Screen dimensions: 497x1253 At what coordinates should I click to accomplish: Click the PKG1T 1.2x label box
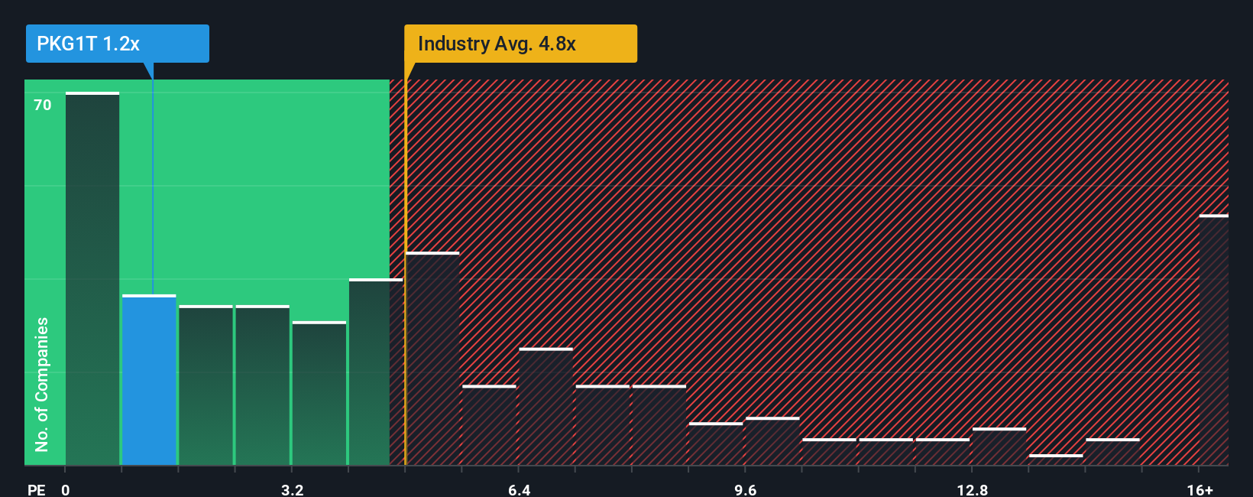117,44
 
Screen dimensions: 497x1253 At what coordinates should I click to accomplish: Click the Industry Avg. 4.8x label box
520,44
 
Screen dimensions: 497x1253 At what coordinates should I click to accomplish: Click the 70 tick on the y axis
43,105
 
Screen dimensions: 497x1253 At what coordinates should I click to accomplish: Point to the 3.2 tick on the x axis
292,489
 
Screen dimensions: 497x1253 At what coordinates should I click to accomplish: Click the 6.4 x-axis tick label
519,489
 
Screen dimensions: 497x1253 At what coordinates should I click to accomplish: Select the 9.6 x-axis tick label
745,489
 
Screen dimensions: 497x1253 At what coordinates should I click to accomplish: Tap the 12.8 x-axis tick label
972,489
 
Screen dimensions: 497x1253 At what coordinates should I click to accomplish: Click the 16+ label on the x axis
1200,489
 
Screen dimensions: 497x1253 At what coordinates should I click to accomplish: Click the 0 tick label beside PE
66,489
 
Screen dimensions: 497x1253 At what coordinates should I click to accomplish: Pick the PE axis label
36,489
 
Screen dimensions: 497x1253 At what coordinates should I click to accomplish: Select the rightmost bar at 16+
1213,340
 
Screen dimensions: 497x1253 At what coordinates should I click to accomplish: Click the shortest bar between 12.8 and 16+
1056,460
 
